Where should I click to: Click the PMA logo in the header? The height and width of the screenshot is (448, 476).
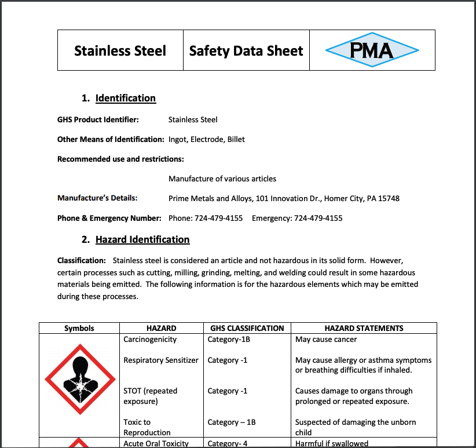[x=372, y=50]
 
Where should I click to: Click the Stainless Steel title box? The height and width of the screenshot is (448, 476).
[x=120, y=50]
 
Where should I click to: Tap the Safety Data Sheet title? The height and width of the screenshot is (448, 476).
[x=246, y=50]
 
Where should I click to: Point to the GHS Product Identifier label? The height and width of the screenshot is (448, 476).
[x=97, y=119]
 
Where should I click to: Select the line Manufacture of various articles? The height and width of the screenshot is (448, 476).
[x=222, y=179]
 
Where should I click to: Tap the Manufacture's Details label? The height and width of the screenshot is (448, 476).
[x=97, y=198]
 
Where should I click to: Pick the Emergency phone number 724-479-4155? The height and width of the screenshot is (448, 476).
[x=318, y=218]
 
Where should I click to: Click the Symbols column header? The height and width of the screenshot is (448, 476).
[x=79, y=328]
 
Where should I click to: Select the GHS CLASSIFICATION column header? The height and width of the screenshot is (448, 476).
[x=247, y=328]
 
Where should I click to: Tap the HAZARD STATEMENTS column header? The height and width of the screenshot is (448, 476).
[x=364, y=328]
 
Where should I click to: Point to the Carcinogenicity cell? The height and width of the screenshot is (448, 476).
[x=150, y=339]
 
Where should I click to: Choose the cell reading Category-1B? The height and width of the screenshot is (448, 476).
[x=229, y=339]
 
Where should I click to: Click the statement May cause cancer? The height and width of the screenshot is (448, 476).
[x=326, y=339]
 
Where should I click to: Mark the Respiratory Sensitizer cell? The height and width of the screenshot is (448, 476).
[x=161, y=360]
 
